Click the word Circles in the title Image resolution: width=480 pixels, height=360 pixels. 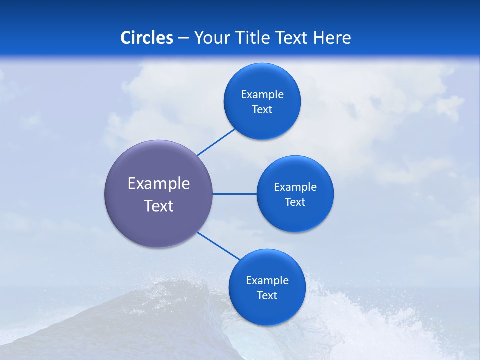146,38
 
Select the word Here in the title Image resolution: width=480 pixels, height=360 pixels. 332,38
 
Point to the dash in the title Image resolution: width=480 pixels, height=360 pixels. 183,38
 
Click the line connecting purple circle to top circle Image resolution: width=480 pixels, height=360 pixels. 216,142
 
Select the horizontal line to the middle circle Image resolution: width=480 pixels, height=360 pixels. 235,194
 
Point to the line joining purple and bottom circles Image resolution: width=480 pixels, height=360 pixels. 218,245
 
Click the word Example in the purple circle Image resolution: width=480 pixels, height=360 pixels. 159,184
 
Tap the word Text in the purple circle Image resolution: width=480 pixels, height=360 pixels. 159,206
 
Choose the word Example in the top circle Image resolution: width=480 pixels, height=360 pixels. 262,95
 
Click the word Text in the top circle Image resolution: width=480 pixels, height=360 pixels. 262,110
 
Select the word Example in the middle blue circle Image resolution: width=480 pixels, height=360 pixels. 295,187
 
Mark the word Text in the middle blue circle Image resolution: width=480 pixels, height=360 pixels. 295,202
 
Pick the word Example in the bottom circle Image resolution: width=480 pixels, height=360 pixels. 267,281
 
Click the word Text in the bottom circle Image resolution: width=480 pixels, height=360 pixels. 267,296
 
